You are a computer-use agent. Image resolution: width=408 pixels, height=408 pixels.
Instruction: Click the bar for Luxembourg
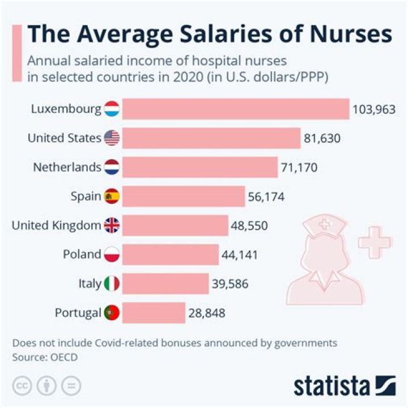pos(235,108)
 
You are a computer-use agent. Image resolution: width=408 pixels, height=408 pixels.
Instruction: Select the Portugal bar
pos(154,312)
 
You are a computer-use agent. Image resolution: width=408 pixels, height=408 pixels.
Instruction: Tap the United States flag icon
pos(112,138)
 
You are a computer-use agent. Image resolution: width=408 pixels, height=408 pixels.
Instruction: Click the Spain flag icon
pos(112,196)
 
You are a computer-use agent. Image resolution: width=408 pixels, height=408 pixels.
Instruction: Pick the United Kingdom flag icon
pos(112,226)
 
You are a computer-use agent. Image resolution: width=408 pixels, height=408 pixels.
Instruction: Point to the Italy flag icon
pos(112,283)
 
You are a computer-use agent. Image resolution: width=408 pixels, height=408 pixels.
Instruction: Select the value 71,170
pos(299,167)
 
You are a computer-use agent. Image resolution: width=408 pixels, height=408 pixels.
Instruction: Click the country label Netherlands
pos(67,167)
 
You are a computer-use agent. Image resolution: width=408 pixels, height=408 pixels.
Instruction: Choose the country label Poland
pos(82,254)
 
